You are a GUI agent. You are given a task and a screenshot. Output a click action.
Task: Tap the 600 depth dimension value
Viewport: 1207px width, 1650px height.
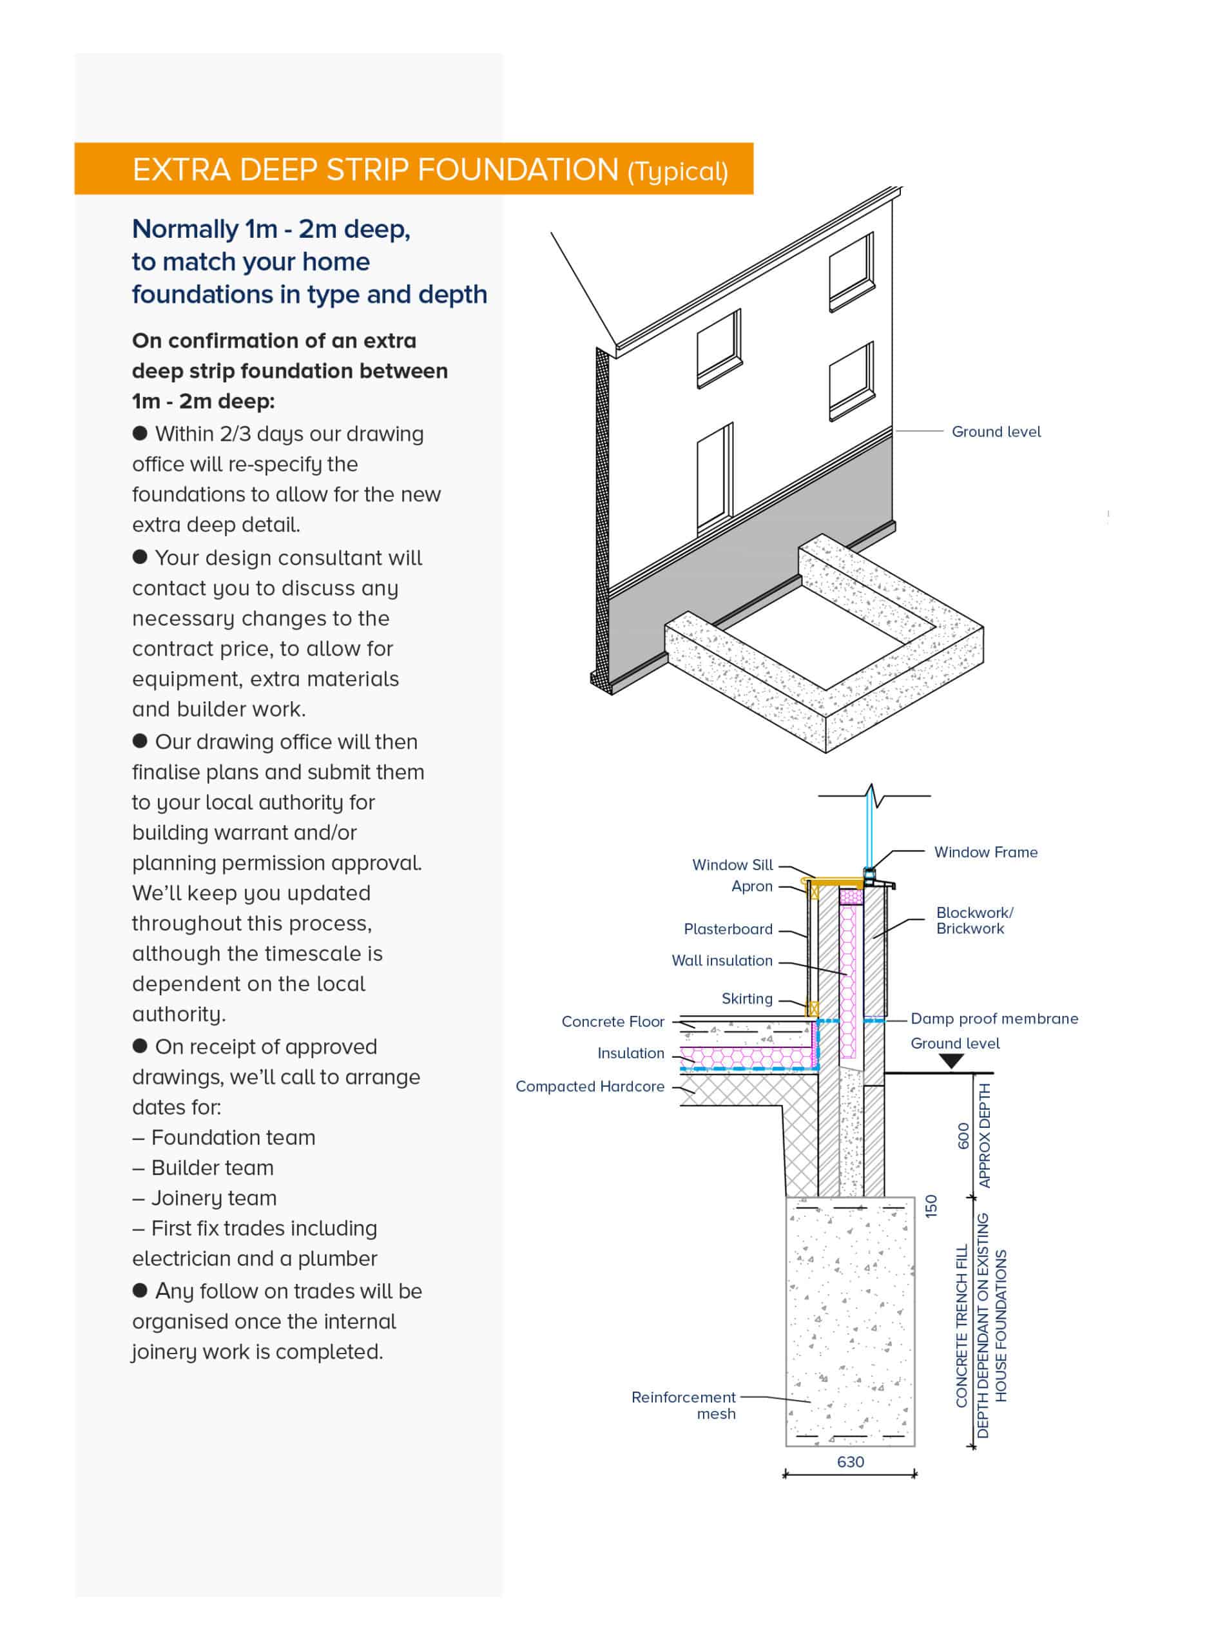point(963,1136)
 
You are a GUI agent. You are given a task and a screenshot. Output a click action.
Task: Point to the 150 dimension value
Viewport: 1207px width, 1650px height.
point(931,1206)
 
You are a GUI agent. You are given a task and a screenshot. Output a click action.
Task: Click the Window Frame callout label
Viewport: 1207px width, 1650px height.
point(985,852)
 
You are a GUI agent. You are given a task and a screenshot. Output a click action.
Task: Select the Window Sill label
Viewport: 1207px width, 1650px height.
point(732,865)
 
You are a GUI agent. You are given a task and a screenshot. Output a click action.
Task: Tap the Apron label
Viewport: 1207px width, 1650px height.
point(752,886)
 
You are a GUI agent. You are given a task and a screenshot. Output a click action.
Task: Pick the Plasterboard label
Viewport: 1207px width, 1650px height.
point(728,929)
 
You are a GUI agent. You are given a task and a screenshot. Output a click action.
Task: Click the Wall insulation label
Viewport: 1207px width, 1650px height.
point(722,961)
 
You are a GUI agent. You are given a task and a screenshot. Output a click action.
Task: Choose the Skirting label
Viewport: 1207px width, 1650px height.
point(747,999)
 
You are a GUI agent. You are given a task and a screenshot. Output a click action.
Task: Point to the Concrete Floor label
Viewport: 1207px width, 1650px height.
point(613,1022)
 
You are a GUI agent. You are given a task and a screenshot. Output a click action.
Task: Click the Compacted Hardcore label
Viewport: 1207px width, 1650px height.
point(590,1087)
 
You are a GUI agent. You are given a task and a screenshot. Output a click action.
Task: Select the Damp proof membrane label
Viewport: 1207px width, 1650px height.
point(994,1018)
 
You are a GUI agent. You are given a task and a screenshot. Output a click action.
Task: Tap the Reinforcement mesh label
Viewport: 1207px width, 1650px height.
point(684,1405)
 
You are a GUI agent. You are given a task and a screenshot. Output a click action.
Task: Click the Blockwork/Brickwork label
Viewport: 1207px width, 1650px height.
point(974,921)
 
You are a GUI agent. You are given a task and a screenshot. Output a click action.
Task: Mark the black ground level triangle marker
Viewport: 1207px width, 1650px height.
point(951,1062)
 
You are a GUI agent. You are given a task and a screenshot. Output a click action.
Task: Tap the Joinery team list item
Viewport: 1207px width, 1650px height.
point(214,1198)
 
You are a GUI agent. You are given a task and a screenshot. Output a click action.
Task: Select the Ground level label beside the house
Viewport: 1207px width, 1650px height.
point(996,432)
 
